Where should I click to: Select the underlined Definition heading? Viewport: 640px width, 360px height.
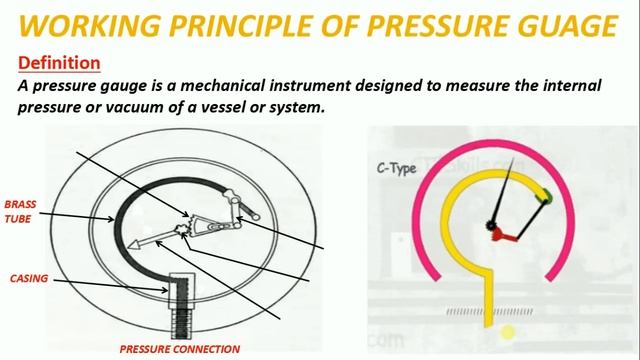59,63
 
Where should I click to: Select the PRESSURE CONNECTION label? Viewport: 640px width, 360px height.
179,349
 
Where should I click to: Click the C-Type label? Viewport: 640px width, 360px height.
395,167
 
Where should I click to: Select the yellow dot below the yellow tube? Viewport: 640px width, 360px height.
508,332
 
